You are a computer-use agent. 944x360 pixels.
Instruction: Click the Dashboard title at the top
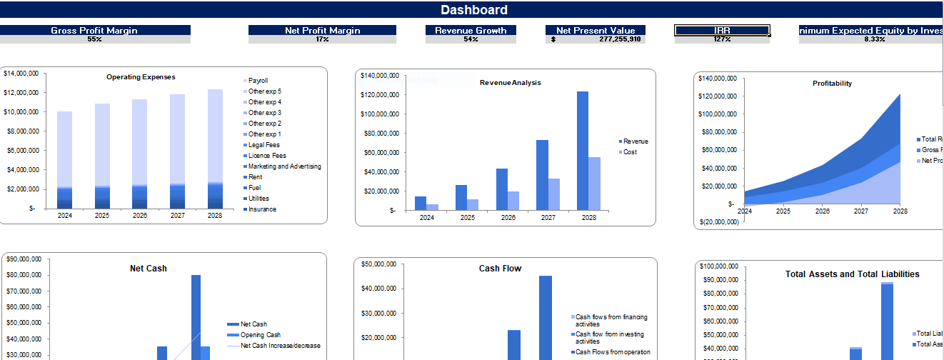click(x=473, y=10)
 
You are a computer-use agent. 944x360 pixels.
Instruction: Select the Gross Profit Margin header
click(x=94, y=31)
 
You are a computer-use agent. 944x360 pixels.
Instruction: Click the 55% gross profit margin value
click(x=94, y=39)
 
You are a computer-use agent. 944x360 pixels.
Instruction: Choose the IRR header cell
click(x=722, y=31)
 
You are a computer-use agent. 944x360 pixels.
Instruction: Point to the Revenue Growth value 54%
click(x=471, y=39)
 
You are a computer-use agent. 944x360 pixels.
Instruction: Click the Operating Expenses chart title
click(x=141, y=77)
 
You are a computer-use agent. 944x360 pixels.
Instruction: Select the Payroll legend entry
click(x=258, y=81)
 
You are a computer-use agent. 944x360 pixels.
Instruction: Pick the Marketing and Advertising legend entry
click(x=284, y=166)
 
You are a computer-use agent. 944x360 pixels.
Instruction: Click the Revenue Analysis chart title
click(x=510, y=83)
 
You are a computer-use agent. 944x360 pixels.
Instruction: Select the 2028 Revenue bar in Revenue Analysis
click(x=583, y=150)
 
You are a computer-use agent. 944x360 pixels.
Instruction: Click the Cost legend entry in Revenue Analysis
click(x=629, y=152)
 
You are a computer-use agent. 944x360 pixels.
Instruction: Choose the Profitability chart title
click(x=832, y=84)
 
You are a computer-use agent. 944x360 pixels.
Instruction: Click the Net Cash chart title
click(x=149, y=269)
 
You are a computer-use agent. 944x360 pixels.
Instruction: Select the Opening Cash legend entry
click(x=260, y=335)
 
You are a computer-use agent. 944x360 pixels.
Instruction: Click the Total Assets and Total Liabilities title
click(x=852, y=274)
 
